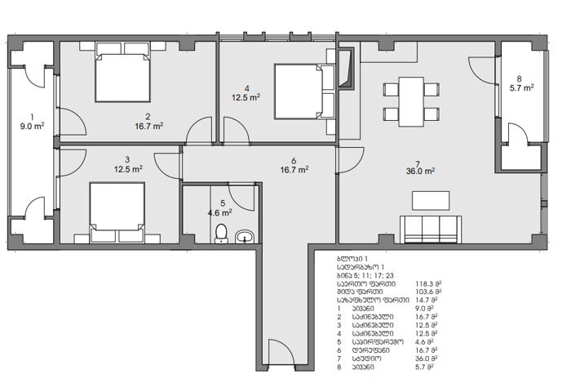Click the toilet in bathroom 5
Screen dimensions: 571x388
(221, 234)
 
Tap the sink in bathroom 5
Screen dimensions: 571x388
(245, 237)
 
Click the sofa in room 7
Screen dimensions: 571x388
(431, 230)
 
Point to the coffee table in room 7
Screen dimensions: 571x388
(431, 201)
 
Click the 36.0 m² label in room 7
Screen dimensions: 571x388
(421, 172)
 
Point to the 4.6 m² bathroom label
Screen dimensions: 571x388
(220, 212)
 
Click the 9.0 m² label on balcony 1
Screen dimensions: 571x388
(32, 126)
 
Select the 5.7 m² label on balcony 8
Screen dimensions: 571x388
(522, 88)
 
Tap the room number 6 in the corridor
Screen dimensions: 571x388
(294, 161)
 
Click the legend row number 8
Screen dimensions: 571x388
(339, 368)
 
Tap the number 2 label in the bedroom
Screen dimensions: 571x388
(148, 117)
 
